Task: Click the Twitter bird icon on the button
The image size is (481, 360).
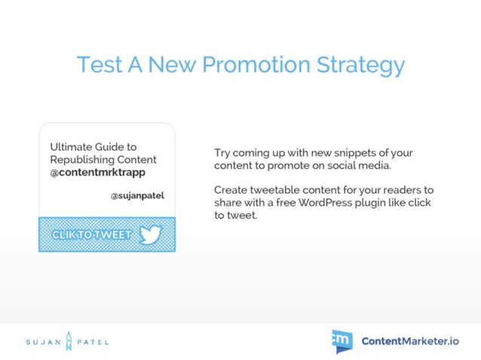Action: coord(151,235)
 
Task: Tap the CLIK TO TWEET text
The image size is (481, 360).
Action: coord(91,235)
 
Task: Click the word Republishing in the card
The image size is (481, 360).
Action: coord(82,160)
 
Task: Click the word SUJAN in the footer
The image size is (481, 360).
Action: coord(42,342)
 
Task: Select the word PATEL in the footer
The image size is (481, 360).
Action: coord(93,342)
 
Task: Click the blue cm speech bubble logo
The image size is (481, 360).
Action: coord(342,340)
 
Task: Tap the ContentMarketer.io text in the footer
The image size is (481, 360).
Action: coord(410,341)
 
